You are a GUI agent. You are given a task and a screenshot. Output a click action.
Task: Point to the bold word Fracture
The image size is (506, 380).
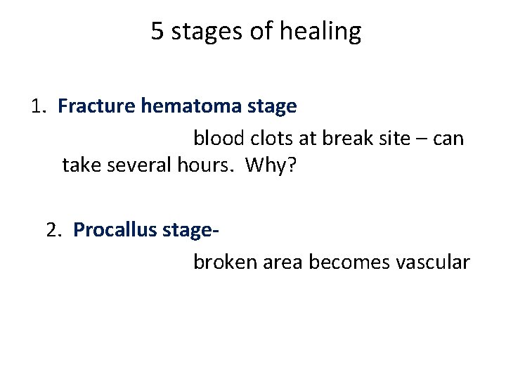(x=96, y=106)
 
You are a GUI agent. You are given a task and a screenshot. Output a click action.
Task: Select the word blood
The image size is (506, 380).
(x=217, y=138)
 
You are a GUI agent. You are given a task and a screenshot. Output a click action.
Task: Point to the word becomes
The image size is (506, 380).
(x=349, y=262)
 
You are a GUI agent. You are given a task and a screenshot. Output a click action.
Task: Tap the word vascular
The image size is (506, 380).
(x=432, y=262)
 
